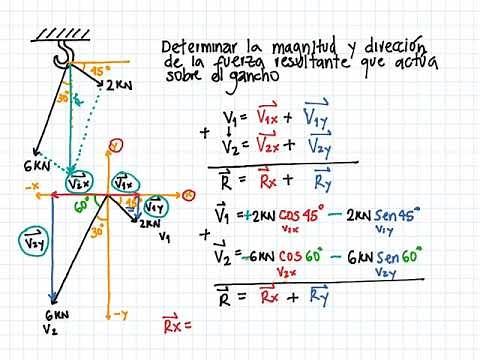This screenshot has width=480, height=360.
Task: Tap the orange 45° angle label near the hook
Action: coord(98,72)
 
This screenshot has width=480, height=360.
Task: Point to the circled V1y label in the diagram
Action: coord(155,207)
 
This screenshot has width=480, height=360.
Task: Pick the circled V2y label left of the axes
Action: coord(33,241)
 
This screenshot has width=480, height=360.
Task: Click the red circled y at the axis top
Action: coord(115,146)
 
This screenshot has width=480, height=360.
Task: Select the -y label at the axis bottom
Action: coord(121,314)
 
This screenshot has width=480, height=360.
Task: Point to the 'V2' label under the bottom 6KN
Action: coord(51,327)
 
